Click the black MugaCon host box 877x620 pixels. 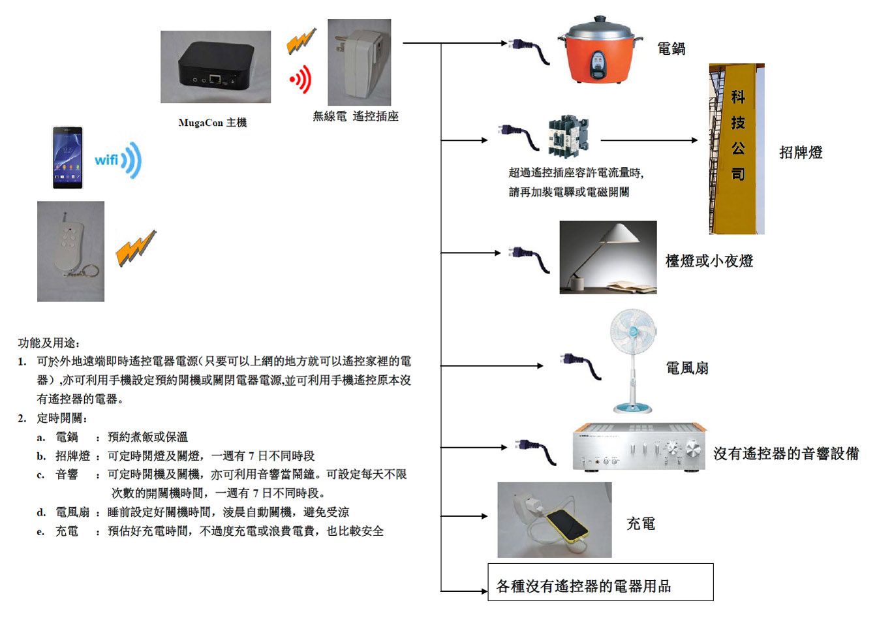pos(215,68)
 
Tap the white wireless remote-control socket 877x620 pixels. pos(360,62)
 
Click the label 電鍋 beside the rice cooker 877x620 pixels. pos(671,48)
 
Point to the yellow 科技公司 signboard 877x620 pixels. pos(737,149)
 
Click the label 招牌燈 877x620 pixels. pos(801,153)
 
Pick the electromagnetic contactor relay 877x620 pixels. pos(568,136)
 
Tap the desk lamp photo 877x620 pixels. pos(608,257)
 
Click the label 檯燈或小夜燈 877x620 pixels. pos(709,261)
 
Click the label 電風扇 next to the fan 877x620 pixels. pos(687,368)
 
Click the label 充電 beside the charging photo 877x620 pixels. pos(640,523)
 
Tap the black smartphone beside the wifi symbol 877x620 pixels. pos(67,158)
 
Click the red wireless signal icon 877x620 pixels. pos(300,80)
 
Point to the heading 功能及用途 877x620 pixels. pos(49,342)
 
